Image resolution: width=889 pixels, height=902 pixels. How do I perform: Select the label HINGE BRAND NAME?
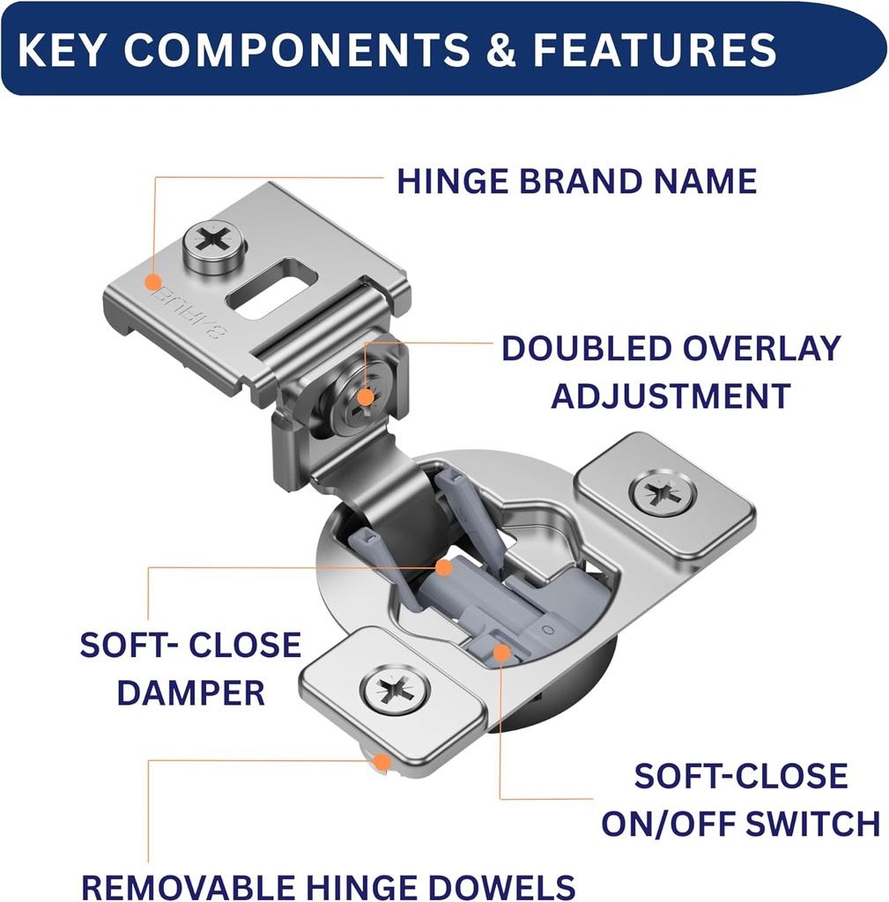click(x=576, y=181)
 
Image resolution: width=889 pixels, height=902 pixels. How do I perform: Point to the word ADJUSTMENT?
click(x=670, y=396)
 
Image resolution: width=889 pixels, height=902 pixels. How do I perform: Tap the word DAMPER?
click(x=190, y=692)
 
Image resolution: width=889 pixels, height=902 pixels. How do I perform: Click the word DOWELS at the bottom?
click(x=503, y=885)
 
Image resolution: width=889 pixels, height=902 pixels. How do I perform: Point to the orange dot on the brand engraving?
click(x=152, y=284)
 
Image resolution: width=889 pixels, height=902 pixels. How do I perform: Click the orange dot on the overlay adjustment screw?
click(x=366, y=399)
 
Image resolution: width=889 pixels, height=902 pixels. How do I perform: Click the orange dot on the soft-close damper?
click(x=444, y=568)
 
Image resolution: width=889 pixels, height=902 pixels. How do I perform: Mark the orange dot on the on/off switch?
click(x=501, y=653)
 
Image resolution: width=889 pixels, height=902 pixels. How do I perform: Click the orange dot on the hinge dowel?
click(x=382, y=762)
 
